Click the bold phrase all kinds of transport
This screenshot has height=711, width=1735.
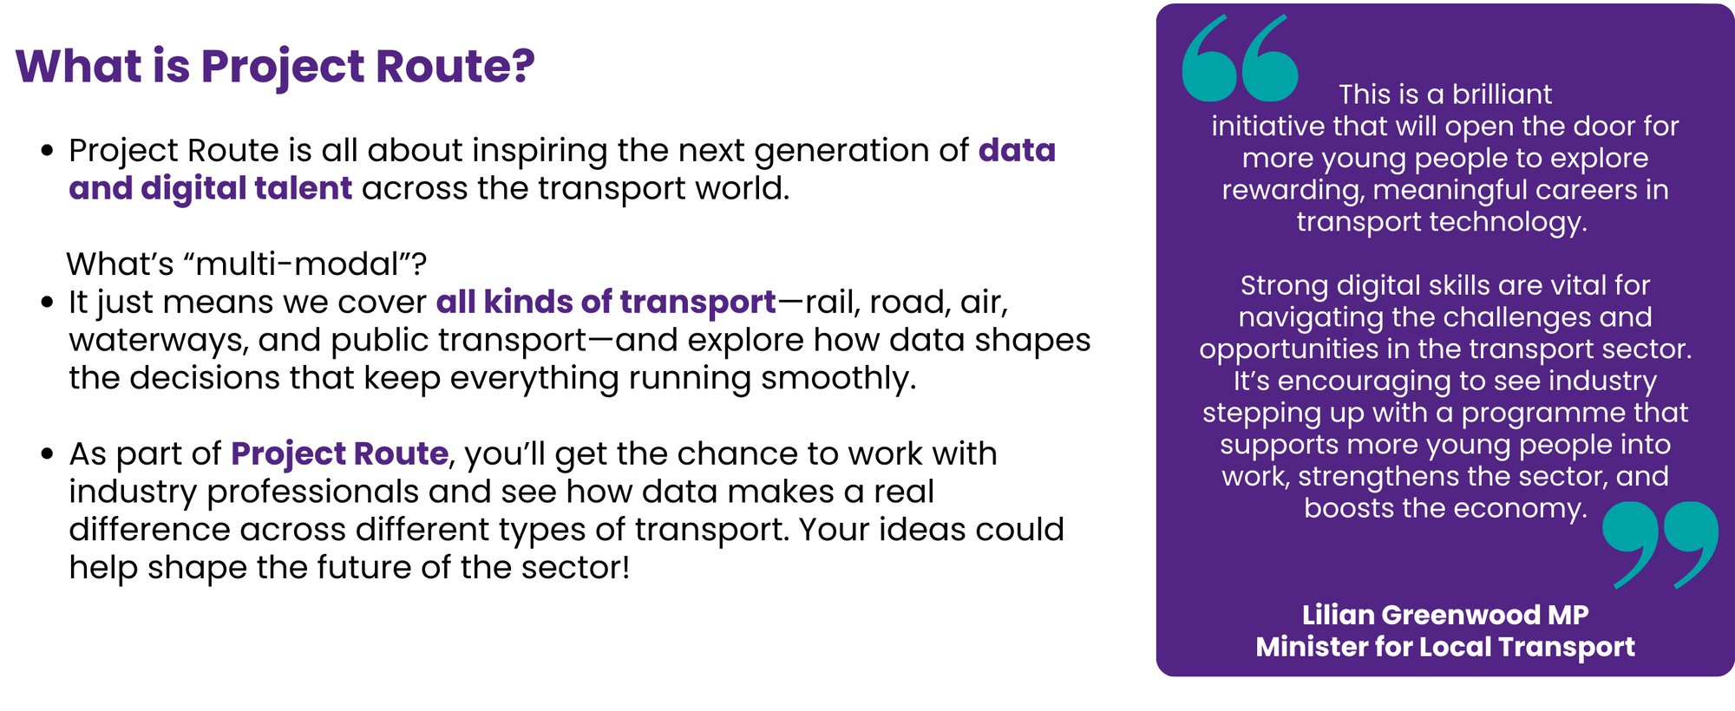click(606, 302)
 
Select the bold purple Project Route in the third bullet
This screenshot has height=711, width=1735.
click(339, 453)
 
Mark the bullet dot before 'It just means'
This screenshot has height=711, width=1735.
click(48, 303)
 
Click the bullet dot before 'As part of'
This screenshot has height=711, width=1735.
click(48, 454)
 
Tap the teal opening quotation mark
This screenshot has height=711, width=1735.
click(1240, 58)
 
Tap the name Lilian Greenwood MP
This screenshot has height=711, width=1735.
click(1445, 615)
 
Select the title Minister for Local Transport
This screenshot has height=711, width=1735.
click(1445, 647)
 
